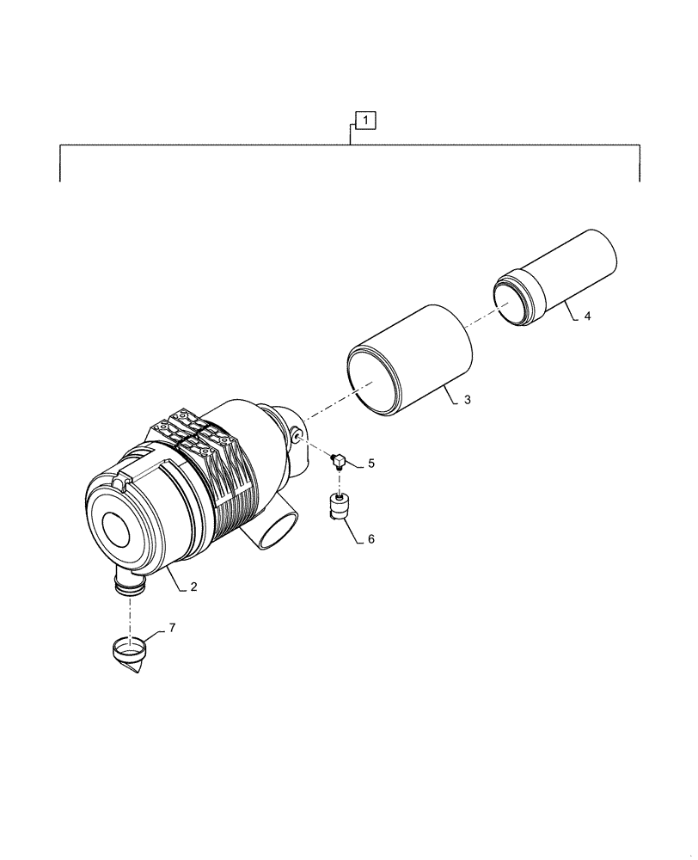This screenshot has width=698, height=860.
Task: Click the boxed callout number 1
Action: tap(366, 120)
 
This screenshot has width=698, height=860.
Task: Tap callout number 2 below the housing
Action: tap(194, 587)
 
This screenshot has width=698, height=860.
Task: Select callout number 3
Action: tap(466, 401)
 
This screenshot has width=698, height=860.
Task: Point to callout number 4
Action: tap(587, 316)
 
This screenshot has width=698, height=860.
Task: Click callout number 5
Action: tap(370, 464)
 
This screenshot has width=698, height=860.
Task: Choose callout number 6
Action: tap(370, 539)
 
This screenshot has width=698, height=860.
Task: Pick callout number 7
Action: tap(171, 629)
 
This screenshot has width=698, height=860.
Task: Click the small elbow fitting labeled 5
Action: tap(340, 462)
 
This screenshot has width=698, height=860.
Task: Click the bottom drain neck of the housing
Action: tap(130, 587)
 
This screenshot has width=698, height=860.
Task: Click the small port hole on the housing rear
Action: tap(296, 438)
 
